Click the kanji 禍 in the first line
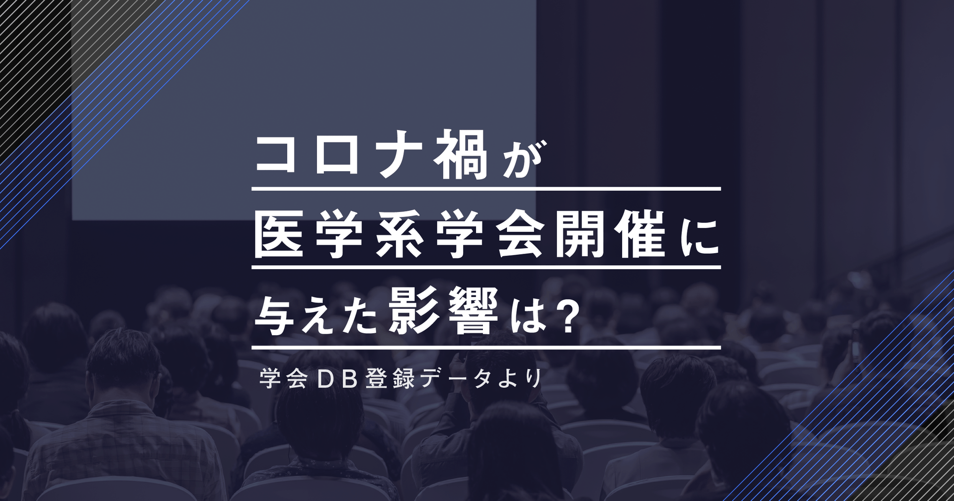[461, 155]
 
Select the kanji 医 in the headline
[279, 233]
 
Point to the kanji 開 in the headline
[579, 233]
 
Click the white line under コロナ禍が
[486, 189]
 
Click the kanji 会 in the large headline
[519, 233]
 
